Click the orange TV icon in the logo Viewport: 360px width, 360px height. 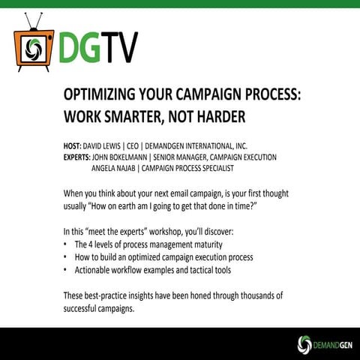pyautogui.click(x=33, y=44)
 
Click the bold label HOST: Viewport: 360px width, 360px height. pyautogui.click(x=75, y=145)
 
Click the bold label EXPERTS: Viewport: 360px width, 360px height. pyautogui.click(x=80, y=157)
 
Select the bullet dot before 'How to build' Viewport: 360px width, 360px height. pyautogui.click(x=66, y=257)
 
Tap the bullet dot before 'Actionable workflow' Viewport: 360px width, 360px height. pyautogui.click(x=66, y=269)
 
